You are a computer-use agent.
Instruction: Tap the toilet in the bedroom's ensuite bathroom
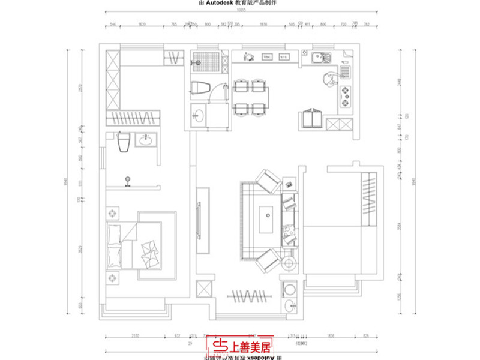coord(124,143)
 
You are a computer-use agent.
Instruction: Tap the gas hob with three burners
coord(346,94)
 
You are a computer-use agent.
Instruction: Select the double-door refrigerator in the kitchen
coord(313,119)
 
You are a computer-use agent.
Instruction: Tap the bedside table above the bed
coord(112,214)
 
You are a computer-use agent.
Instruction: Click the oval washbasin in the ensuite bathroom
coord(146,141)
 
